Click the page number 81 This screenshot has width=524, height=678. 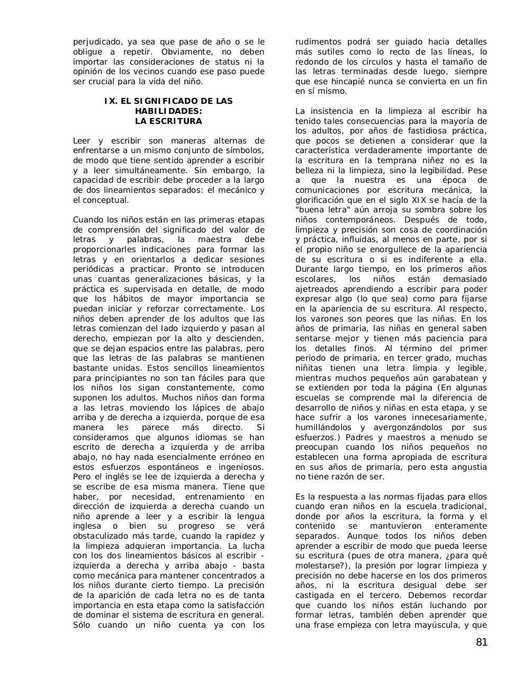481,643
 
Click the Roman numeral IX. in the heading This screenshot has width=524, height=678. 111,101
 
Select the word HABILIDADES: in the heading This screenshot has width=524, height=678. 168,111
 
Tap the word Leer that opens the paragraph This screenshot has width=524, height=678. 82,141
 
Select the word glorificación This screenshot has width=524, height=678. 322,200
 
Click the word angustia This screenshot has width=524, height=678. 468,467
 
